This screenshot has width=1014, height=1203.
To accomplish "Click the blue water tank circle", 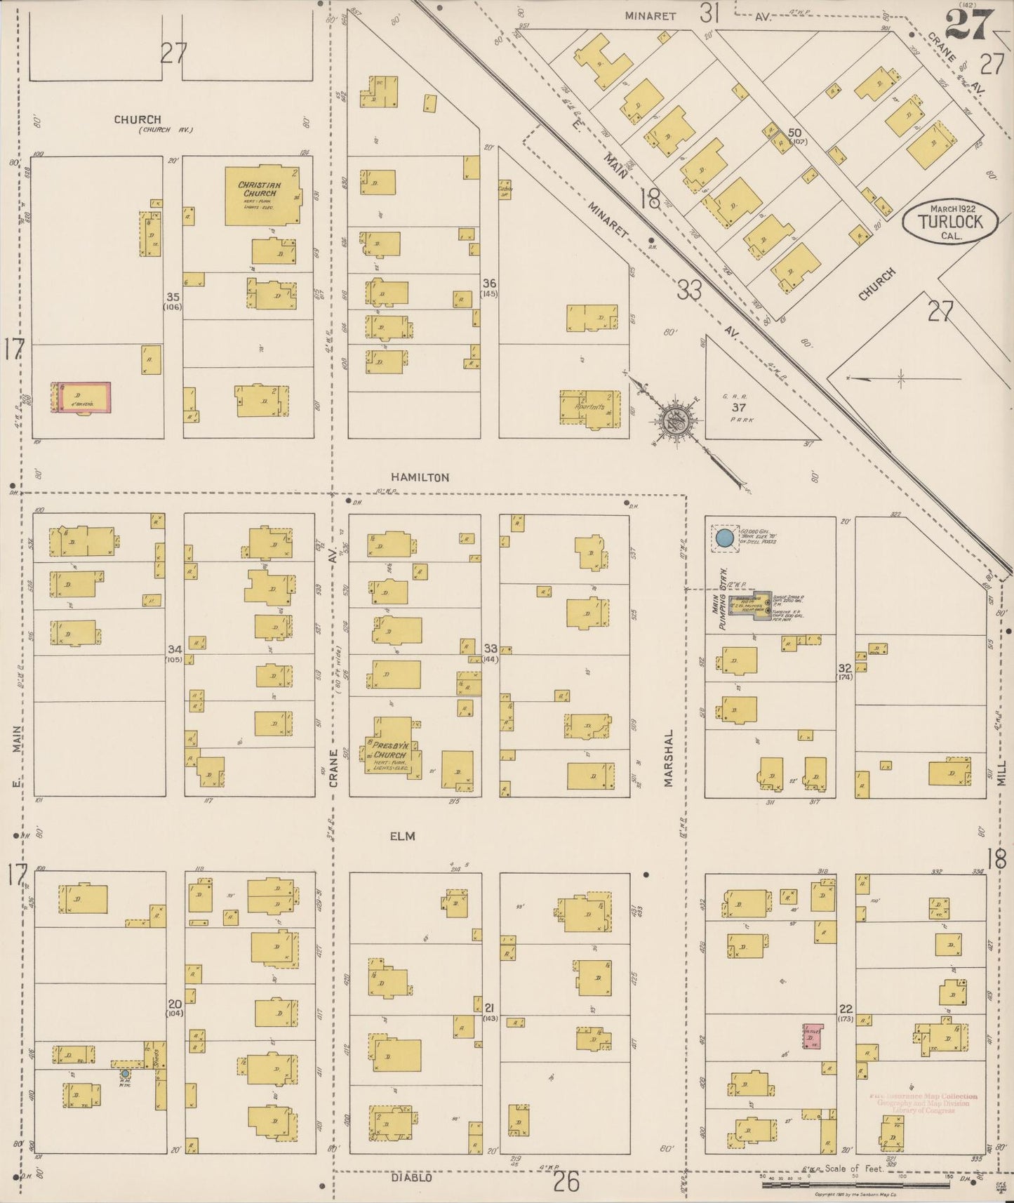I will click(x=725, y=539).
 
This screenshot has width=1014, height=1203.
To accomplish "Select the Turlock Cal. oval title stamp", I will click(x=951, y=222).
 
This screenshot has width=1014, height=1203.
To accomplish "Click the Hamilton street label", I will click(x=420, y=477).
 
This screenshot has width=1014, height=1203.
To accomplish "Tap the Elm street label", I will click(x=402, y=836).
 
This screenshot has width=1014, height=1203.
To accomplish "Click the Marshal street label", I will click(x=669, y=758).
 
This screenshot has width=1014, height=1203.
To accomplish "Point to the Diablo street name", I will click(x=412, y=1177).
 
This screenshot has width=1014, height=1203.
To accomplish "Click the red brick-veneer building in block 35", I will click(x=83, y=398).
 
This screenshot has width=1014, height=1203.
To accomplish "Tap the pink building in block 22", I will click(x=813, y=1037).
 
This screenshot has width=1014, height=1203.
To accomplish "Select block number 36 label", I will click(x=488, y=283).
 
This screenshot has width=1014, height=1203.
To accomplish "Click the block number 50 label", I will click(x=795, y=133).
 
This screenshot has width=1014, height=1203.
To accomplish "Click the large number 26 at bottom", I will click(x=566, y=1181).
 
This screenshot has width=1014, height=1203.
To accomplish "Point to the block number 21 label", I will click(x=490, y=1008).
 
